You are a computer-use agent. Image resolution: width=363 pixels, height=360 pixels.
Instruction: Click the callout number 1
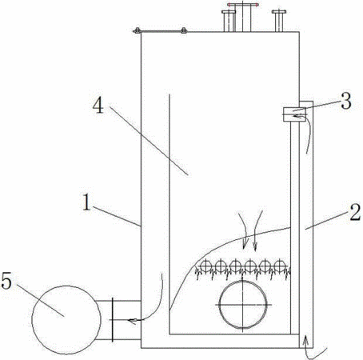click(x=86, y=202)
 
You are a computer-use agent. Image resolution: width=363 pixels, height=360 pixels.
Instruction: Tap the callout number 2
click(x=355, y=212)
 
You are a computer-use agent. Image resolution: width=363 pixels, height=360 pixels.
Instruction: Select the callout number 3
click(x=346, y=101)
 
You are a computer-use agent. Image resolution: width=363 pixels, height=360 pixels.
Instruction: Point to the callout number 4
click(x=98, y=106)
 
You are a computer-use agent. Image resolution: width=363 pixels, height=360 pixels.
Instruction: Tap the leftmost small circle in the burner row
click(x=206, y=266)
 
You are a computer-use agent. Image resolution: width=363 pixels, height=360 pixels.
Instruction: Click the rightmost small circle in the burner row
click(x=279, y=266)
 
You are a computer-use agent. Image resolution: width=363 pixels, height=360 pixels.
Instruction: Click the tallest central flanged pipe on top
click(x=243, y=17)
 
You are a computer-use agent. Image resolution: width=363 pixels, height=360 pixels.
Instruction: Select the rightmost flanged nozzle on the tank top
click(x=279, y=21)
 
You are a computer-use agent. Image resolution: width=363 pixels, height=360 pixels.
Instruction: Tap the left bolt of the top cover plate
click(x=137, y=30)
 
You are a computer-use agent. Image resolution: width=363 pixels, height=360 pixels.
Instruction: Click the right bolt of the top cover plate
click(x=183, y=30)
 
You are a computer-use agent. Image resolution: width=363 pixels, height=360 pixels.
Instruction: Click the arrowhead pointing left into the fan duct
click(x=132, y=320)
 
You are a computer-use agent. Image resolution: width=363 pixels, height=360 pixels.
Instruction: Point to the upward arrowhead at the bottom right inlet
click(x=306, y=340)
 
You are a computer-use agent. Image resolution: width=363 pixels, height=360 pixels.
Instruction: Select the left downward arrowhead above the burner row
click(x=245, y=243)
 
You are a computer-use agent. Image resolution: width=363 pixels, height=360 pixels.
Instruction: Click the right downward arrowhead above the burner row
click(x=255, y=246)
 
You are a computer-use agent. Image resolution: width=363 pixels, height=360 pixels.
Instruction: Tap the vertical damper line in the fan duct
click(x=113, y=320)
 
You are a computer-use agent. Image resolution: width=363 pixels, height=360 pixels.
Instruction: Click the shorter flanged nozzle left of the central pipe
click(x=229, y=21)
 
